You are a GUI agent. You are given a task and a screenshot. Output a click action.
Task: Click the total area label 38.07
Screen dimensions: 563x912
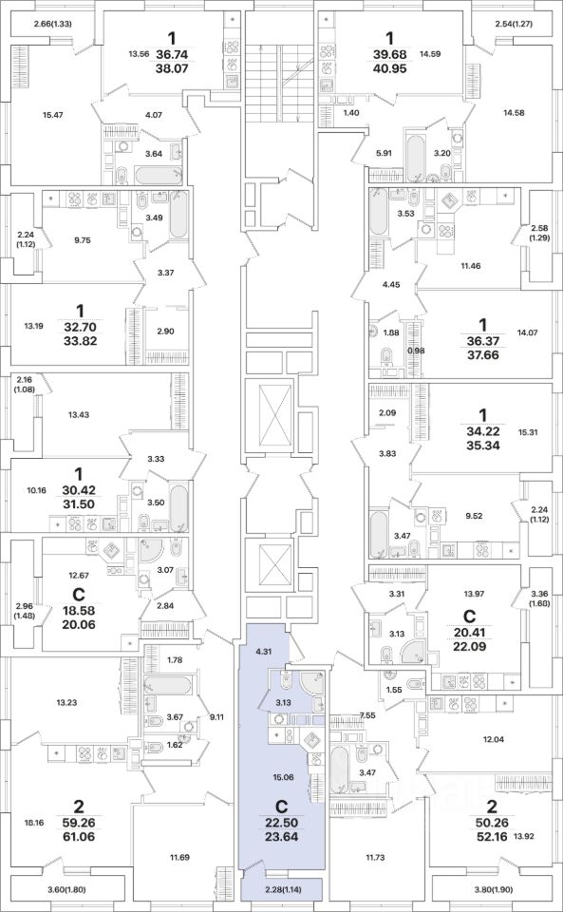171,67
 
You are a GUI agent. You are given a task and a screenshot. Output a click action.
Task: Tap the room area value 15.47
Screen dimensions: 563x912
53,115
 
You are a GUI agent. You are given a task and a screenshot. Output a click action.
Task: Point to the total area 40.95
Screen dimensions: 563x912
390,67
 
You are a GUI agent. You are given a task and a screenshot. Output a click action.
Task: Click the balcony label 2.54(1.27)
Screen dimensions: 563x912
515,24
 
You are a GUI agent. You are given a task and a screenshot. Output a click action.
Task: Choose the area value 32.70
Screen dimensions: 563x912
80,327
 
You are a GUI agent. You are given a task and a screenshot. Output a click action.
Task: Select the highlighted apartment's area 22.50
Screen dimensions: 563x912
281,824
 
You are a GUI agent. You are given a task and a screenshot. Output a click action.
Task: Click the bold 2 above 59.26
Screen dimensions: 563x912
78,807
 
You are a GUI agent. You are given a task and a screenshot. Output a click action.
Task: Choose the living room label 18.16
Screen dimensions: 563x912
33,823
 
